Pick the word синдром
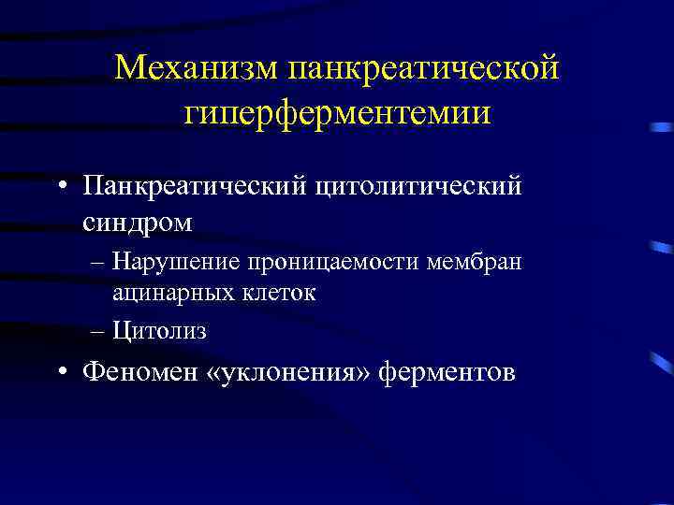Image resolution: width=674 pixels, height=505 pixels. [138, 223]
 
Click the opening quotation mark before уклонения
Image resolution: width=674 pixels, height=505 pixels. [224, 373]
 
